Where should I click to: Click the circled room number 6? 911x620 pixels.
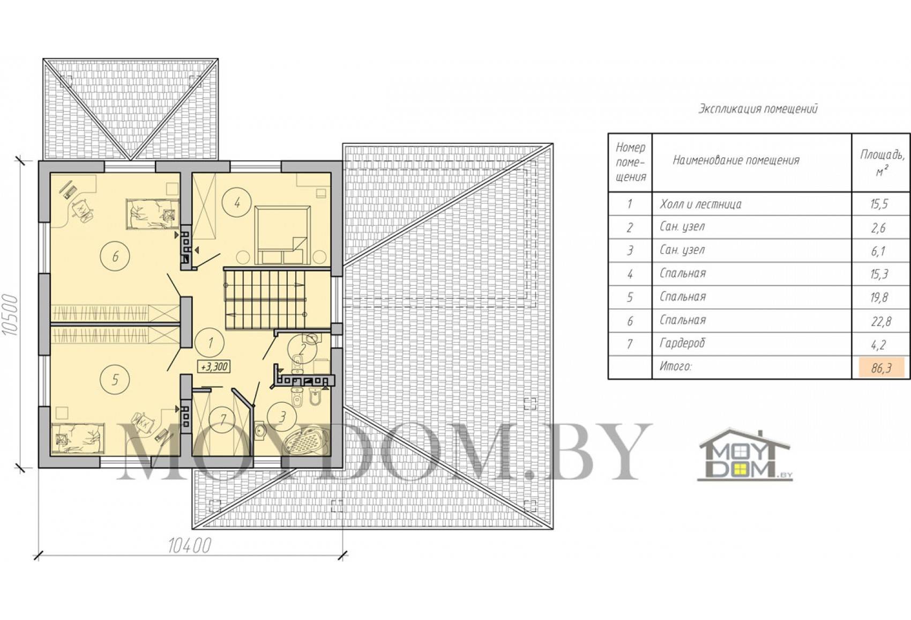pyautogui.click(x=115, y=256)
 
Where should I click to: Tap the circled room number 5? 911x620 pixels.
pyautogui.click(x=115, y=379)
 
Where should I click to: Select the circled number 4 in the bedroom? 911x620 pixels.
pyautogui.click(x=237, y=202)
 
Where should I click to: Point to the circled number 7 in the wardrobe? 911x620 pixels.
pyautogui.click(x=222, y=420)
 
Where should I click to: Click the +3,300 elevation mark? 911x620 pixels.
pyautogui.click(x=213, y=366)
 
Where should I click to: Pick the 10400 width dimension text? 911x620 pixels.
pyautogui.click(x=190, y=546)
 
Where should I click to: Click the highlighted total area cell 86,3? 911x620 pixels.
pyautogui.click(x=882, y=368)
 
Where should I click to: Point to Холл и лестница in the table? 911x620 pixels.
pyautogui.click(x=700, y=204)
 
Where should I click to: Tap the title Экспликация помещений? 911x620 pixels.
pyautogui.click(x=758, y=109)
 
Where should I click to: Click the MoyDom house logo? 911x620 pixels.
pyautogui.click(x=745, y=454)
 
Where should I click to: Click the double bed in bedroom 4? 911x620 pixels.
pyautogui.click(x=282, y=235)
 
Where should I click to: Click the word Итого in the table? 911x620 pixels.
pyautogui.click(x=675, y=367)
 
